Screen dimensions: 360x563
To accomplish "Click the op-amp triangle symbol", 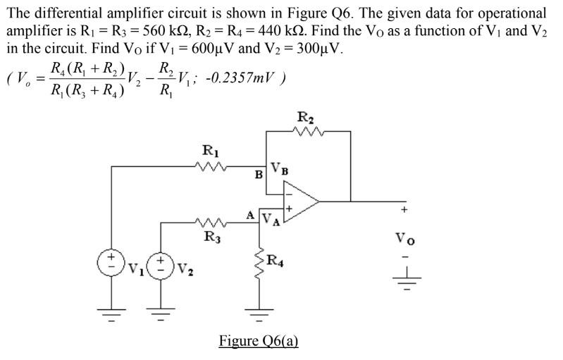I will tap(299, 200).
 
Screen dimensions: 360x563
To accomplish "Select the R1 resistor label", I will tap(210, 150).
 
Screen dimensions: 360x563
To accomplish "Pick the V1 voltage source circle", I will tap(111, 262).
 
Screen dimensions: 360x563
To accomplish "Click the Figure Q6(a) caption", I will tap(259, 341).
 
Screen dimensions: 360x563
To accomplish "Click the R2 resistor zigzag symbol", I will tap(307, 131).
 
